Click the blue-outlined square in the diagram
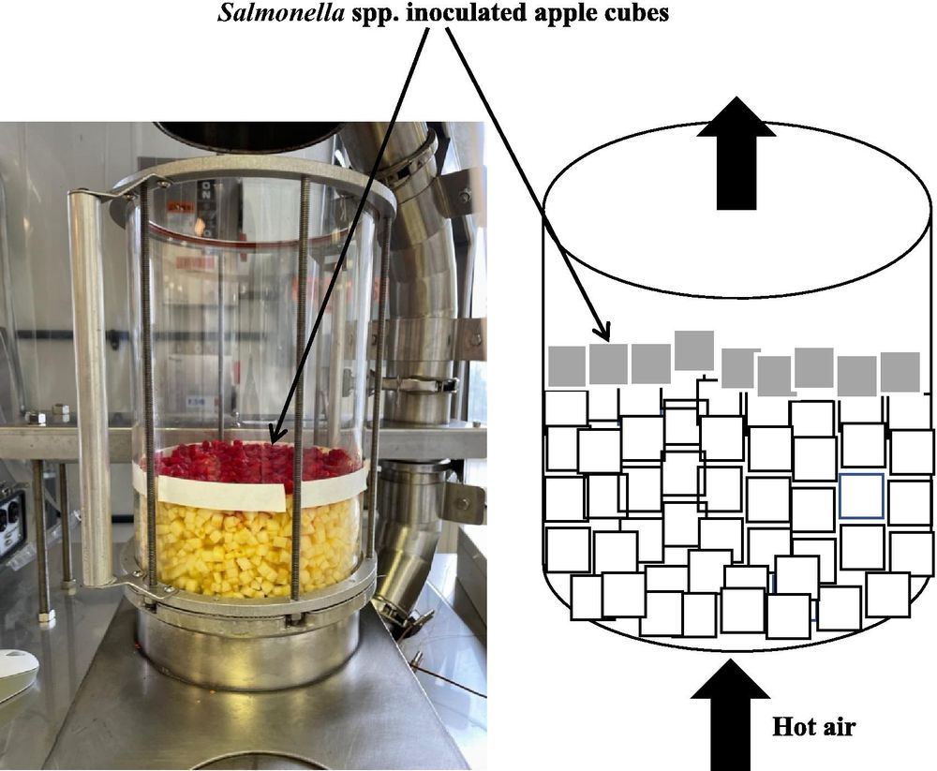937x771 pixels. coord(861,495)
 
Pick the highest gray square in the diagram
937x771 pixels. coord(694,350)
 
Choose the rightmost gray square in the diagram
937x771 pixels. coord(900,371)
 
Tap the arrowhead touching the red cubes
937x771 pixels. coord(273,437)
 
